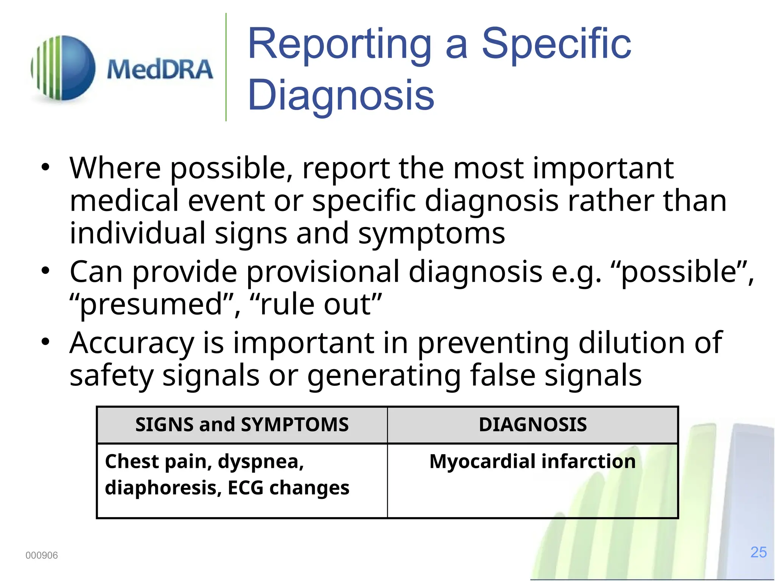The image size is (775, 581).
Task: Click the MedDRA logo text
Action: point(160,70)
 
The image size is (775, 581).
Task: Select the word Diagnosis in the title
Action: point(341,95)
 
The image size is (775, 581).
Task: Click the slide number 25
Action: point(758,552)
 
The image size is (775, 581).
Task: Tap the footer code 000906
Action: point(42,555)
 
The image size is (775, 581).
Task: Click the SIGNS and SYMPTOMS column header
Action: point(242,424)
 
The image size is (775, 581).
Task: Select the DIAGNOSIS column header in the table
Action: point(532,424)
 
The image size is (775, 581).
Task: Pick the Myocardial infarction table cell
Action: point(532,461)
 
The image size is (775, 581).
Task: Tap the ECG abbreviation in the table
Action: point(245,488)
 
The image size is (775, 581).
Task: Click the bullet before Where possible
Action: point(45,167)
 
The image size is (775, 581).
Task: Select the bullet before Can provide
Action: point(45,271)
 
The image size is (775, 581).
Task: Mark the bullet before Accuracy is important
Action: point(45,342)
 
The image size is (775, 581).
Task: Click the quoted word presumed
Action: point(151,305)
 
